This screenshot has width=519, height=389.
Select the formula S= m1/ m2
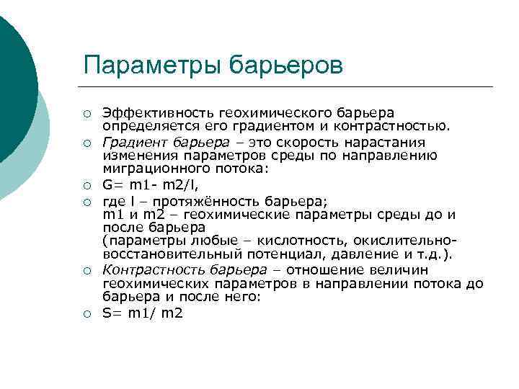pos(142,313)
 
